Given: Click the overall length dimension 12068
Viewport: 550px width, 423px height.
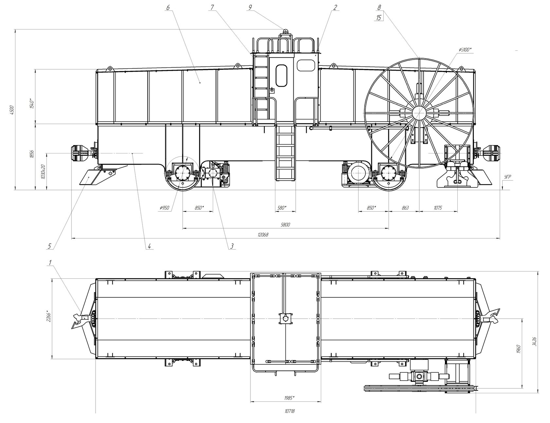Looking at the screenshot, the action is (263, 235).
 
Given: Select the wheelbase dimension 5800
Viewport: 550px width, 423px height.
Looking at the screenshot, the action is (285, 225).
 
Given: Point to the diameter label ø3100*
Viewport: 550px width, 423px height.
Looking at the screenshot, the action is (465, 49).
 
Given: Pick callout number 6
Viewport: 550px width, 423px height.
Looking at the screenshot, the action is (168, 7).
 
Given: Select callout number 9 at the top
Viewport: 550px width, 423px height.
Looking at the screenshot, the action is (250, 7).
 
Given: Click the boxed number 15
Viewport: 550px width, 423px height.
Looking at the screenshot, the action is (379, 18).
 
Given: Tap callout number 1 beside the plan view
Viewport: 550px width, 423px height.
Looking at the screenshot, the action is (50, 262).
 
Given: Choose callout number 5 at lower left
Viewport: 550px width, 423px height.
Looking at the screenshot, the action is (49, 246).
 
